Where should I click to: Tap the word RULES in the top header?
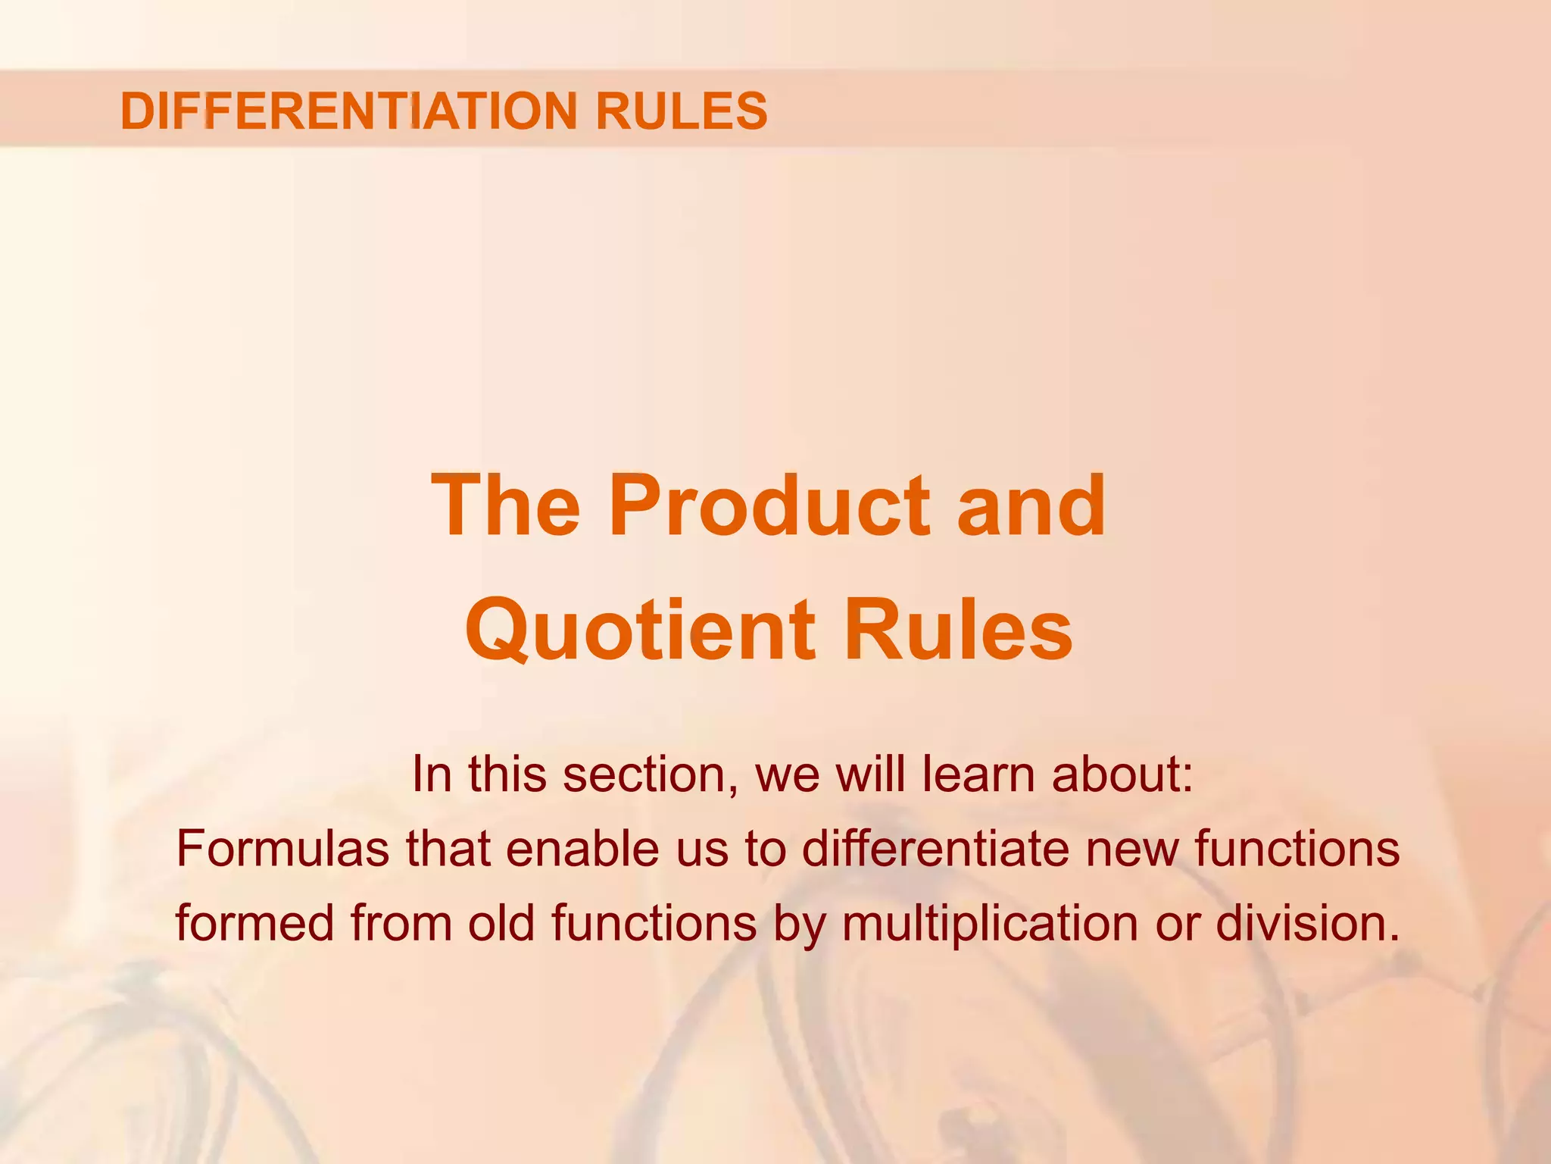(682, 111)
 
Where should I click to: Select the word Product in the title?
(769, 505)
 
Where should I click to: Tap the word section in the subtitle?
(651, 774)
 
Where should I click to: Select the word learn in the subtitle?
(978, 774)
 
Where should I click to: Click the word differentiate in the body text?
(936, 849)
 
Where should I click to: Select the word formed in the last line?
(254, 923)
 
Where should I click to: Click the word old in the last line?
(501, 923)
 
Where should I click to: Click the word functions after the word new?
(1297, 849)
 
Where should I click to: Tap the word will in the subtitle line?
(870, 774)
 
